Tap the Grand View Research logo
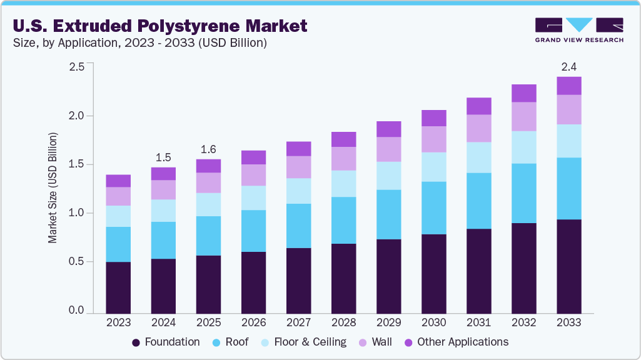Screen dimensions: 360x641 tap(578, 30)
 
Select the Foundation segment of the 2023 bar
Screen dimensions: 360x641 tap(118, 287)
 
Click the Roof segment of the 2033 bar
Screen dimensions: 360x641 tap(568, 188)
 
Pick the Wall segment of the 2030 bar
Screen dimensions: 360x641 tap(433, 139)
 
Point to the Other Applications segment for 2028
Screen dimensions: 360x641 tap(343, 139)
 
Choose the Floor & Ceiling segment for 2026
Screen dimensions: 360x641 tap(253, 197)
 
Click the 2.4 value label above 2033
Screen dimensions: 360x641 tap(568, 66)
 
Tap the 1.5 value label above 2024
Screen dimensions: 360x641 tap(163, 157)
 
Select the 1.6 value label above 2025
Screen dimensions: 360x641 tap(208, 149)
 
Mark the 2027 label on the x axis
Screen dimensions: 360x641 tap(298, 322)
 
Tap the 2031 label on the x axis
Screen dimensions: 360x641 tap(478, 322)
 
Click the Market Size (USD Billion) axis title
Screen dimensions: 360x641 tap(53, 187)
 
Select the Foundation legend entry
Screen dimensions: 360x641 tap(166, 342)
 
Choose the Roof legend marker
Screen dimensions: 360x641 tap(216, 342)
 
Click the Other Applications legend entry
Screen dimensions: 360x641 tap(456, 342)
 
